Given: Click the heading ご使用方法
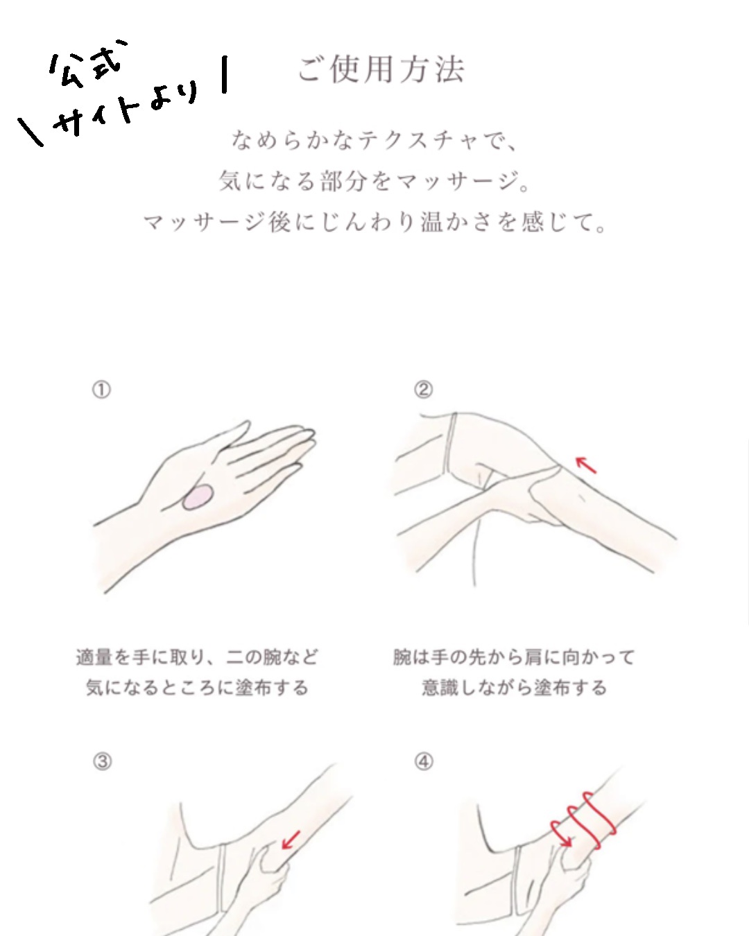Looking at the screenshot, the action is point(381,69).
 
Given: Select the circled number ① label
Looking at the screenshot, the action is point(101,390).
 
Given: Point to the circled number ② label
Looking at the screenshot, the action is point(423,390).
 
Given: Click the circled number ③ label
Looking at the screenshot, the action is point(102,761).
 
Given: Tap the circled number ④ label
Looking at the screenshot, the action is point(424,761).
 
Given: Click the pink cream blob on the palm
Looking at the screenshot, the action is point(198,498).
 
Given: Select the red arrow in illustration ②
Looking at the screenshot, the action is point(586,465).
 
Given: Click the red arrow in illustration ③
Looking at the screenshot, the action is point(291,840).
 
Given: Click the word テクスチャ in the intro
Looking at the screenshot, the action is point(420,141).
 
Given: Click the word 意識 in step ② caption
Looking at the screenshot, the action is point(440,688).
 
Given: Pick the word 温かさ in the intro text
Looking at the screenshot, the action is point(460,223).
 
